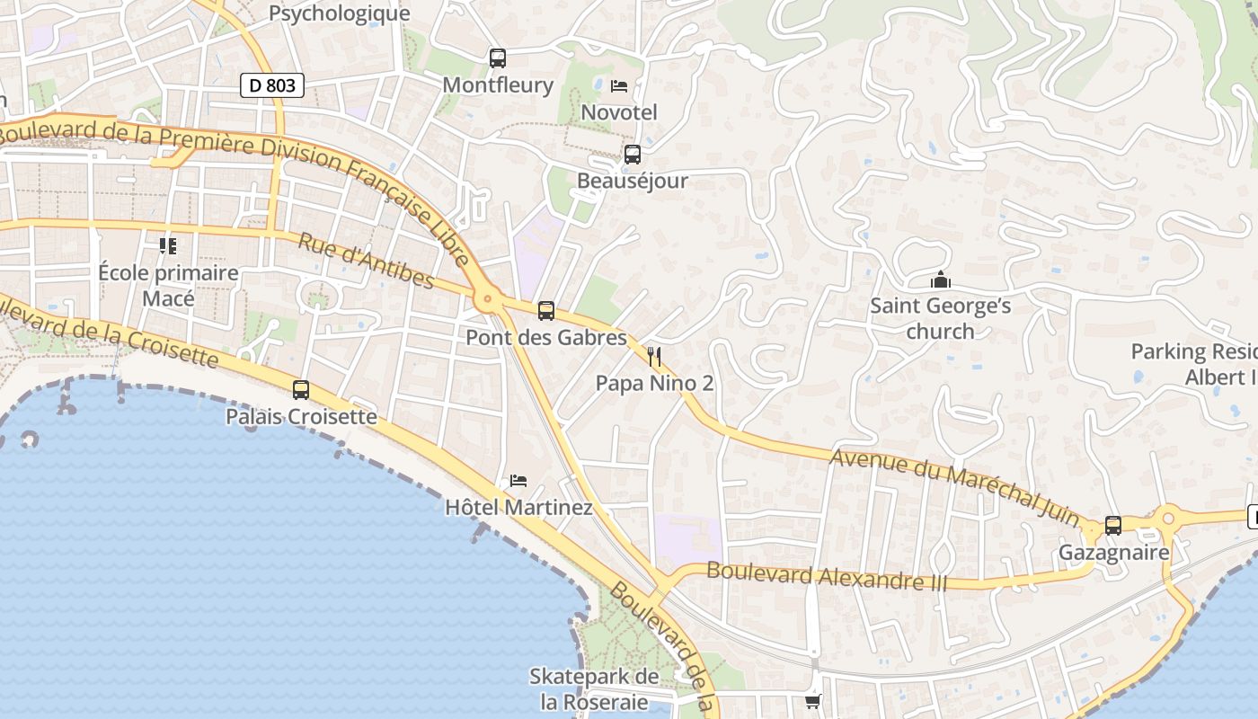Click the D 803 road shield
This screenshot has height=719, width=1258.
click(272, 86)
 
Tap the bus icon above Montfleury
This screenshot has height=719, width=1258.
click(498, 58)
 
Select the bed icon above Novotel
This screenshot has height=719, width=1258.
click(619, 86)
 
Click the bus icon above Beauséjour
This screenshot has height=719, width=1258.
click(633, 155)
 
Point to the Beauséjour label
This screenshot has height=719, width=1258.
click(632, 181)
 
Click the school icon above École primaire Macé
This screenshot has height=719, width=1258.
click(168, 245)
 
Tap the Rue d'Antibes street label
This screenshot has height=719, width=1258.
click(367, 261)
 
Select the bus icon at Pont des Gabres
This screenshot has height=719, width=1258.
click(546, 311)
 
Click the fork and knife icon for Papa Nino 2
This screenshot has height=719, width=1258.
click(654, 357)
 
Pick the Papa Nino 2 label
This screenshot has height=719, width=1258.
click(654, 384)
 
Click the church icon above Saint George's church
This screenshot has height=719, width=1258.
click(941, 280)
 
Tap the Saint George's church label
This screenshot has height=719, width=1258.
click(940, 318)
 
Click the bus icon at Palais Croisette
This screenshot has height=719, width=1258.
click(301, 390)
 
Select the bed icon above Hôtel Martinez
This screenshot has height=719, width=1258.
click(518, 481)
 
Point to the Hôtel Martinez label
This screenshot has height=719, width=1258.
click(518, 508)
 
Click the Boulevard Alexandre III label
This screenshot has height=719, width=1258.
click(827, 575)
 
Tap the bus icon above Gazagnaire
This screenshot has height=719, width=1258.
click(1113, 526)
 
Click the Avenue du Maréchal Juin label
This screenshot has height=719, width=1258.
click(954, 486)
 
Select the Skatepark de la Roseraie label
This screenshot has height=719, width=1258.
click(594, 689)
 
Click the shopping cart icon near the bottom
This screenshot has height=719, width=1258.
click(812, 702)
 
